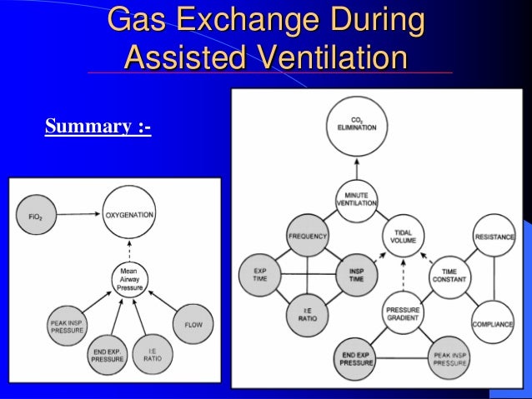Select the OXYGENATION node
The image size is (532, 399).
pyautogui.click(x=129, y=214)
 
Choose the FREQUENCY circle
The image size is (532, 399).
pyautogui.click(x=308, y=236)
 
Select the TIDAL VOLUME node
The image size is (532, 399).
pyautogui.click(x=404, y=236)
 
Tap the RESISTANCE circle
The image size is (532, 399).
pyautogui.click(x=494, y=237)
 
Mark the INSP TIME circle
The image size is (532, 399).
pyautogui.click(x=355, y=276)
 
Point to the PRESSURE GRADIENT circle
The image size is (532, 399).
pyautogui.click(x=404, y=313)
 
